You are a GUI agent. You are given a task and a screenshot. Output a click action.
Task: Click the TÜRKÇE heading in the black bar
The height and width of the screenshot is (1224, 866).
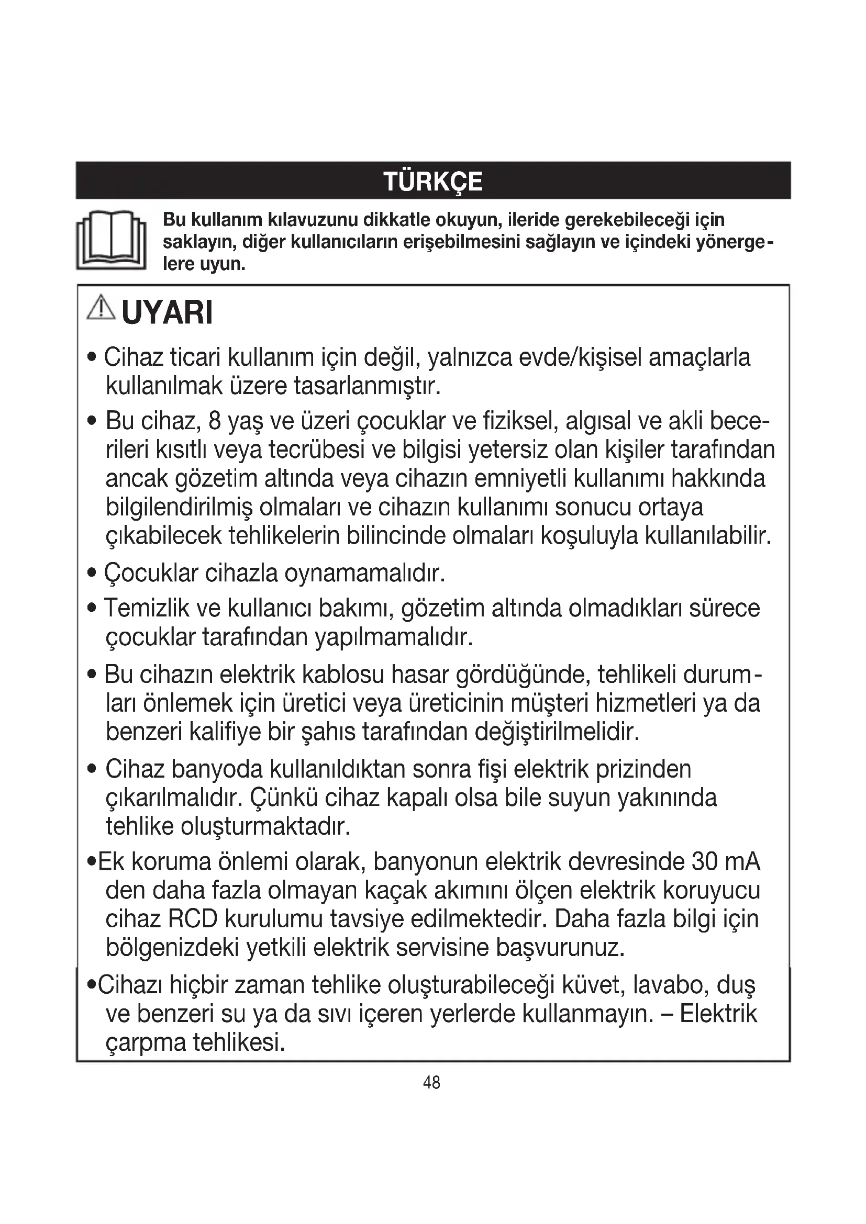point(432,181)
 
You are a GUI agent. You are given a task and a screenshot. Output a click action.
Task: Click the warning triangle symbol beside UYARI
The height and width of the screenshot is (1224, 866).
point(101,309)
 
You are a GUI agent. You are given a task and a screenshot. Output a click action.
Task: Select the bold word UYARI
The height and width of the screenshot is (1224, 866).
point(167,313)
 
